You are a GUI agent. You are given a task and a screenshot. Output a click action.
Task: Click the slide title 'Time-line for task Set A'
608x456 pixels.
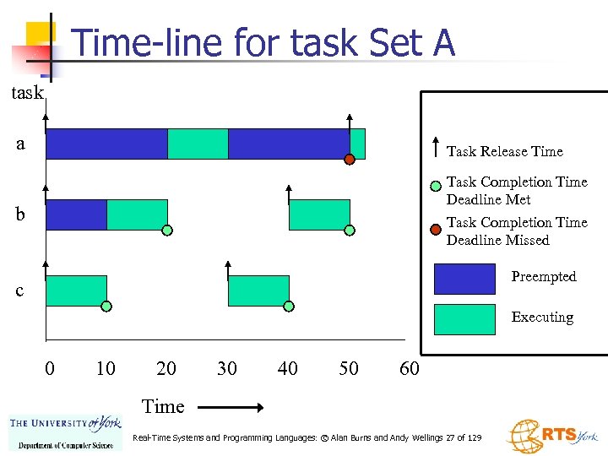(x=263, y=42)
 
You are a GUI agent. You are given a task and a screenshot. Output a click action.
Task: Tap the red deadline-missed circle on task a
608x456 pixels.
(x=349, y=160)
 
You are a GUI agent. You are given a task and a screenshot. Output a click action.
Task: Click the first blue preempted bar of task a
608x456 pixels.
(x=106, y=144)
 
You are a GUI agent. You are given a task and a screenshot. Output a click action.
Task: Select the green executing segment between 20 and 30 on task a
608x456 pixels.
(x=198, y=144)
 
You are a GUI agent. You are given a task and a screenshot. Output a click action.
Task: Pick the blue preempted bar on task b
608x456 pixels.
(x=76, y=214)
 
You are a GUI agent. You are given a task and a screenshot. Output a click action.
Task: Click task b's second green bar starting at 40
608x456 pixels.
(x=319, y=214)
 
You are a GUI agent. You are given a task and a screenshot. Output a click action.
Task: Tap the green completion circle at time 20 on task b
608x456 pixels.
(x=167, y=230)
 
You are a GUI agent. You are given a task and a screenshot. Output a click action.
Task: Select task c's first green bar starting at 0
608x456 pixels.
(x=76, y=290)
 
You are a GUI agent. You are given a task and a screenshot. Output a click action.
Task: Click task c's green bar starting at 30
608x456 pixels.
(x=258, y=290)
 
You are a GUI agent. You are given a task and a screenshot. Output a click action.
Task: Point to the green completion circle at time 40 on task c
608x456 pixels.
(x=289, y=306)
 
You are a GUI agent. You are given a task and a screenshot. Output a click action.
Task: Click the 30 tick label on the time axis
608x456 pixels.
(x=227, y=368)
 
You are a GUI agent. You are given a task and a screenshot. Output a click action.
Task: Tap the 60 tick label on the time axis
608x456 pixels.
(x=409, y=368)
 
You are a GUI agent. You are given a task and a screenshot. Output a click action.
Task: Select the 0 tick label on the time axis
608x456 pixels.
(x=50, y=368)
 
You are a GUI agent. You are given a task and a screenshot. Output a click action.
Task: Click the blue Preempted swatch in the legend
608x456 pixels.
(x=464, y=279)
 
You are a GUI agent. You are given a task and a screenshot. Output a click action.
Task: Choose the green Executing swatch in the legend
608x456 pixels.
(x=464, y=319)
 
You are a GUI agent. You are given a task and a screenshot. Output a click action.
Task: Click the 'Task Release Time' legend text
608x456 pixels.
(x=504, y=151)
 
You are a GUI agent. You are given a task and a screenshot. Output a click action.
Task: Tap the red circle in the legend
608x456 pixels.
(x=434, y=227)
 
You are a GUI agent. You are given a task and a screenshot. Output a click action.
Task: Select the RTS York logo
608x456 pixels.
(x=551, y=436)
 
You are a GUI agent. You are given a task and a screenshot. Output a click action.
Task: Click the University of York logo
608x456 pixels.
(x=65, y=432)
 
